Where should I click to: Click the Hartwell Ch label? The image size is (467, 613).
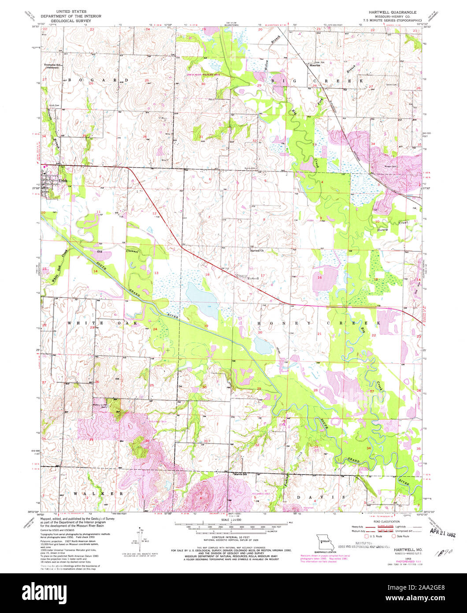256,252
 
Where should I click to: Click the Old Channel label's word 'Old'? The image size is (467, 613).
100,251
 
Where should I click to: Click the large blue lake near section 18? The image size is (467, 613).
202,300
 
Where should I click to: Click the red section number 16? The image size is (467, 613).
320,278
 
